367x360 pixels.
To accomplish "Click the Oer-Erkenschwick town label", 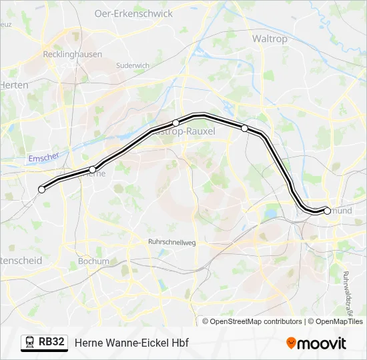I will click(133, 13).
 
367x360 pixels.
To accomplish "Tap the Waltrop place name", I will click(270, 39).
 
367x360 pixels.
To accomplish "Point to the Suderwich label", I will click(132, 65).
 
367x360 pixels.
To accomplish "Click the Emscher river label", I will click(44, 158).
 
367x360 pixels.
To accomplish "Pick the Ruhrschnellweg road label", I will click(171, 243).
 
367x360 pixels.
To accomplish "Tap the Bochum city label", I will click(93, 261).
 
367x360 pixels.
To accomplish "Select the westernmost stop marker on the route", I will click(42, 189).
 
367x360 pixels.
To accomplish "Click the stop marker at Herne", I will click(93, 169).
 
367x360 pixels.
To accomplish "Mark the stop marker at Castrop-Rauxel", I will click(175, 123).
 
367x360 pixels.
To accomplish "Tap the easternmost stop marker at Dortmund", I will click(327, 211).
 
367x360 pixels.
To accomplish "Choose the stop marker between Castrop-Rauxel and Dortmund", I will click(245, 128).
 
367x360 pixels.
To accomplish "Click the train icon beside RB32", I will click(29, 343).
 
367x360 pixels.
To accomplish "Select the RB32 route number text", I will click(51, 343).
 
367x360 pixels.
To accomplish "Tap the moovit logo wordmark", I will click(322, 343).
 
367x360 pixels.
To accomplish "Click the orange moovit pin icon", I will click(291, 343).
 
